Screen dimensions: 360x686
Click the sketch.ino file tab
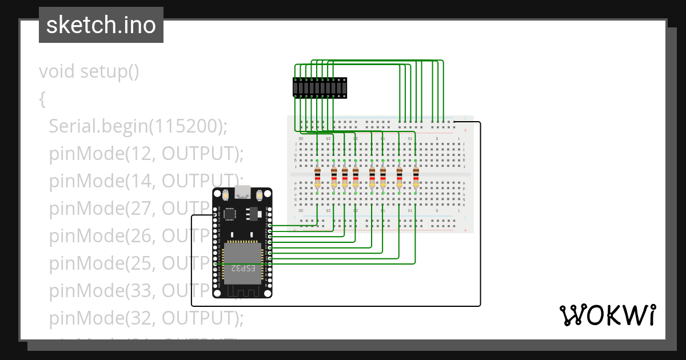(x=101, y=25)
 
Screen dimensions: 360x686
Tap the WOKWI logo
(x=607, y=315)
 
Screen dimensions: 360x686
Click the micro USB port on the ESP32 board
(x=242, y=192)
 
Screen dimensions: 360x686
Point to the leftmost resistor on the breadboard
(x=317, y=178)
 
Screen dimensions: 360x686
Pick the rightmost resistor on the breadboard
(x=416, y=178)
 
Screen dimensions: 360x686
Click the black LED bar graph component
(x=320, y=87)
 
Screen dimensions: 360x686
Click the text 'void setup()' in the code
(x=89, y=71)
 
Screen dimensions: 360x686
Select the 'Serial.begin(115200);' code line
(x=138, y=126)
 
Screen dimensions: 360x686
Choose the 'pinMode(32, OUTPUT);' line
(x=146, y=317)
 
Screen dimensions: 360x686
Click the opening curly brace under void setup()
(x=42, y=99)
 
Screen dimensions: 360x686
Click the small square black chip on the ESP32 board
(x=230, y=214)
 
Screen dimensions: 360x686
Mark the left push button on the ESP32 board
(x=225, y=195)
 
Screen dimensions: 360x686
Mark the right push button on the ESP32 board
(x=260, y=195)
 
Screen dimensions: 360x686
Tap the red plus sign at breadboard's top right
(x=465, y=130)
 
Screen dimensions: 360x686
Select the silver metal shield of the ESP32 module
(x=242, y=263)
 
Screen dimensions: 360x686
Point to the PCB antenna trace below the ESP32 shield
(x=242, y=290)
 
